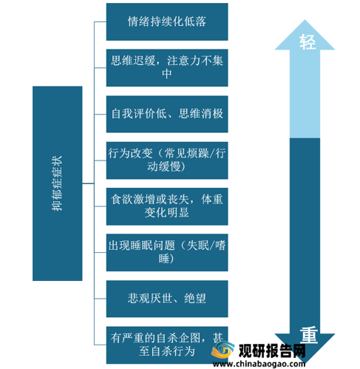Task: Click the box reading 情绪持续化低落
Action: tap(167, 21)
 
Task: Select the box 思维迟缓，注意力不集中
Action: tap(167, 68)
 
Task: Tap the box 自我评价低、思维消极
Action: tap(167, 114)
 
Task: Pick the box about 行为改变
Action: tap(167, 160)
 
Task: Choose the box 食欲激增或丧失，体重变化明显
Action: tap(167, 206)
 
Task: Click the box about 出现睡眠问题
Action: tap(167, 252)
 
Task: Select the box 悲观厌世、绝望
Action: tap(167, 299)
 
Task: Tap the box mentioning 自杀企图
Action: tap(167, 345)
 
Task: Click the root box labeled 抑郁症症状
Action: tap(58, 183)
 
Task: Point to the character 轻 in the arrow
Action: tap(308, 42)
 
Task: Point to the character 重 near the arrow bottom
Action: tap(309, 335)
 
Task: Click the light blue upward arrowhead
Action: tap(305, 35)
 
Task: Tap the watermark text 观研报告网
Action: tap(272, 351)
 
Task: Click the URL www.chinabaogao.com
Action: tap(259, 364)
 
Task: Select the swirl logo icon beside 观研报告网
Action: tap(223, 350)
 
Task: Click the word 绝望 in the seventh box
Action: tap(195, 299)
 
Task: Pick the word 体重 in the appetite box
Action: tap(212, 200)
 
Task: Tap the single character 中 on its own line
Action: tap(167, 74)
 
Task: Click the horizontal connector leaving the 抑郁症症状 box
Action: tap(88, 183)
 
